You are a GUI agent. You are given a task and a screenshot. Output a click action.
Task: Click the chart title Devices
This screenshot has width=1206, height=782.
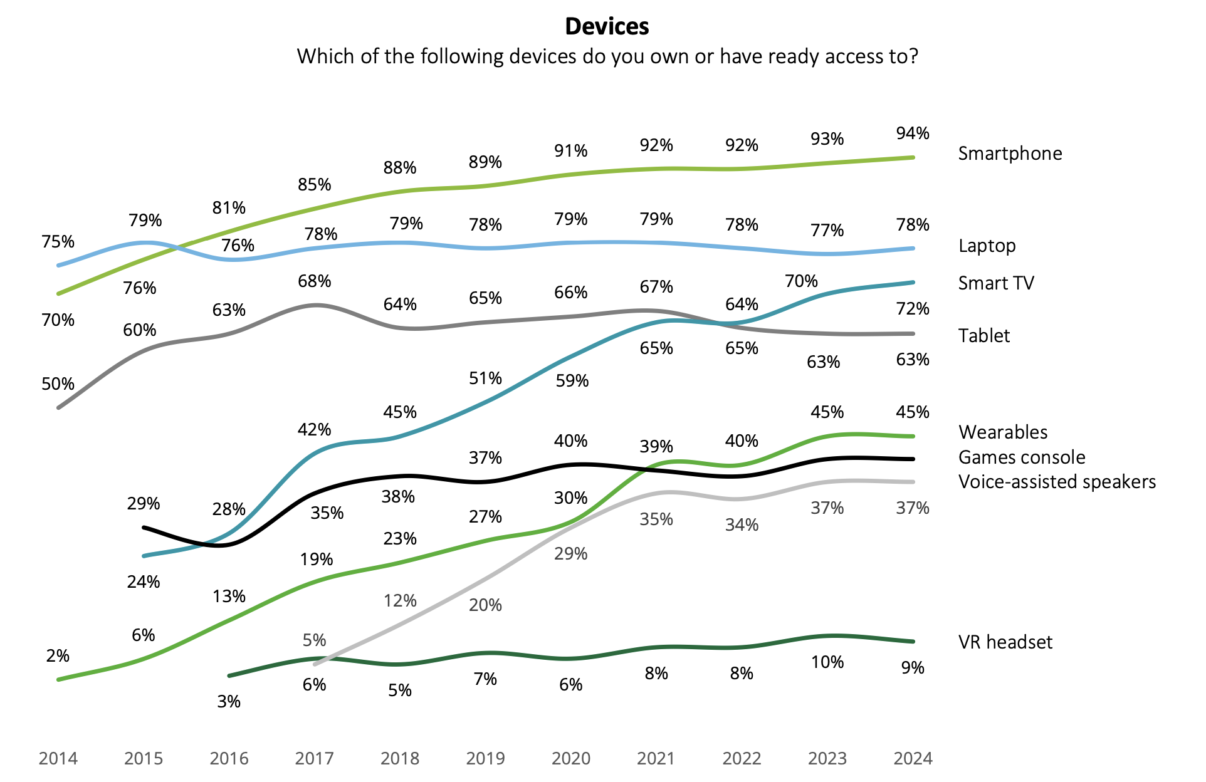coord(607,26)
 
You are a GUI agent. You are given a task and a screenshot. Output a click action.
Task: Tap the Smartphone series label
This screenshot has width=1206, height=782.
coord(1010,154)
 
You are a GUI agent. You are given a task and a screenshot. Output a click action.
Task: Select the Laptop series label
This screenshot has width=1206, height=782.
coord(987,246)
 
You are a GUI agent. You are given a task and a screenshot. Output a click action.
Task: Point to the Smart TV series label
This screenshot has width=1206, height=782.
coord(996,283)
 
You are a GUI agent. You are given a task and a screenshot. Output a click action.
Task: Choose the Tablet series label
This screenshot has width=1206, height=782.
coord(984,336)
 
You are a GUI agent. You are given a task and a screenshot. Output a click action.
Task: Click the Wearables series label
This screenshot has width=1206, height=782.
coord(1003,432)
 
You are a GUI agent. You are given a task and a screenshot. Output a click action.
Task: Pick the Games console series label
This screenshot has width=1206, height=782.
coord(1022,457)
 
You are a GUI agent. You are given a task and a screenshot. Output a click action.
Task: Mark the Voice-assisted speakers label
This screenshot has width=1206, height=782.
coord(1057,482)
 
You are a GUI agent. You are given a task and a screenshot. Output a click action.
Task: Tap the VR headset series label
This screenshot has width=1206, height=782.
coord(1005,642)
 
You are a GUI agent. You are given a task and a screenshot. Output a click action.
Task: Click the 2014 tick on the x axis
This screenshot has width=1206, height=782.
coord(58,759)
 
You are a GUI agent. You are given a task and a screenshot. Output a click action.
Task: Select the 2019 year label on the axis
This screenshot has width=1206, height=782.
coord(485,759)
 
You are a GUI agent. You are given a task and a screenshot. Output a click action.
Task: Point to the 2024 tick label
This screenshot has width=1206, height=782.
coord(913,759)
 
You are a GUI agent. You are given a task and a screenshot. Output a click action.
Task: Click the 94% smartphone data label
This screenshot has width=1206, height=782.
coord(913,133)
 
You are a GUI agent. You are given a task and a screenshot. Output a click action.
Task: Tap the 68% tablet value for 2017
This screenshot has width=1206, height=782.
coord(314,281)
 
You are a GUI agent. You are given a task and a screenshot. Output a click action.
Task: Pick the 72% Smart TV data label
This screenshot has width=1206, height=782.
coord(913,309)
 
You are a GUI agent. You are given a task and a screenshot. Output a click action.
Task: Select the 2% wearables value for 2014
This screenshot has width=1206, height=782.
coord(58,656)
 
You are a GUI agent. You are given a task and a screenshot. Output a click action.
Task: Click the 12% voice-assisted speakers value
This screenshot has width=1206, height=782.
coord(400,601)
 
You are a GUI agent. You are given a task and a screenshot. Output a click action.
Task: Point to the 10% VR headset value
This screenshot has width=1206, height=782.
coord(827,662)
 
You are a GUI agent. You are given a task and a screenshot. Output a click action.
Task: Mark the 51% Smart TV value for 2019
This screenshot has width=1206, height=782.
coord(485,378)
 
